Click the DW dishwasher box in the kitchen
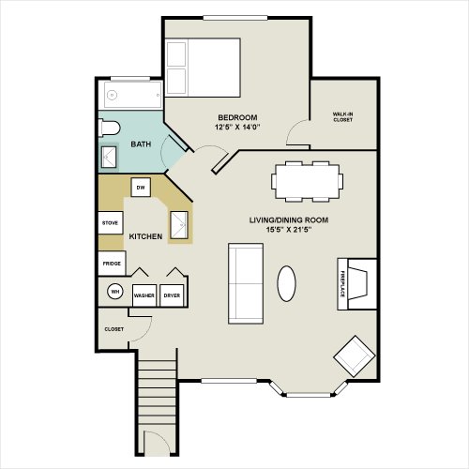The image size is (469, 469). coord(141,188)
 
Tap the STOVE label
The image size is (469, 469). coord(110,223)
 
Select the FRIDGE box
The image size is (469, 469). coord(112,264)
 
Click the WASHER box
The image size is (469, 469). coord(144,295)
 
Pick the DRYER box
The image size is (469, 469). coord(172,295)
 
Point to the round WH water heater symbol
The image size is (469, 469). coord(115,292)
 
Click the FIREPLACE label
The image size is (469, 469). coord(342,284)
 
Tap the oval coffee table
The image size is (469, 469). coord(286,283)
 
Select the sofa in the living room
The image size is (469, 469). coord(246,283)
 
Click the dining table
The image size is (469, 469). coord(308,181)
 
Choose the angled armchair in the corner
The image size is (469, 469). coord(355,356)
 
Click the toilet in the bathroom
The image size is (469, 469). coord(109,129)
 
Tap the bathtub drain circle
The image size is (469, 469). coord(112,95)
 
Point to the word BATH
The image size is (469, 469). coord(141,144)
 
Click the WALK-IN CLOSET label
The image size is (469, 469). coord(343,117)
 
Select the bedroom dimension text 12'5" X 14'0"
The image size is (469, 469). coord(237,128)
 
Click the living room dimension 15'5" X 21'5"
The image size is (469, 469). coord(289,230)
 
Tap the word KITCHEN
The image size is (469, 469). coord(145,236)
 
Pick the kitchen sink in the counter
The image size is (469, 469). coord(179,225)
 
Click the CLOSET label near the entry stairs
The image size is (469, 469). coord(113,329)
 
